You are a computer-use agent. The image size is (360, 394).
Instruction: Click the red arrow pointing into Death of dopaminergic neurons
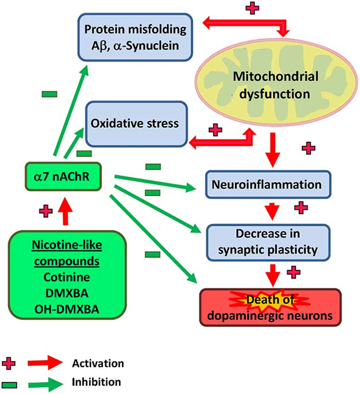click(272, 273)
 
